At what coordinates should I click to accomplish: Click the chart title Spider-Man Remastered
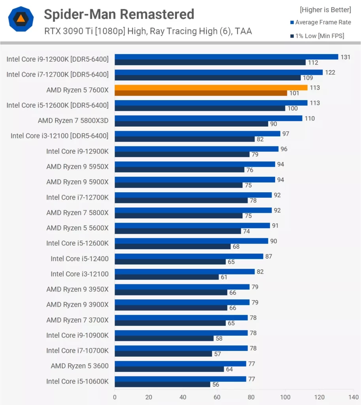point(119,14)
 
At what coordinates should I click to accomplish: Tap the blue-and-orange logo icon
point(20,19)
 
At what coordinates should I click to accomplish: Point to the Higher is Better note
point(325,9)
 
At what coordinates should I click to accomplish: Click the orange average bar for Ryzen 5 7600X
point(211,87)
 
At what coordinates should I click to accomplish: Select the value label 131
point(345,57)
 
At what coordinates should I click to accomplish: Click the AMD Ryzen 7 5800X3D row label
point(73,120)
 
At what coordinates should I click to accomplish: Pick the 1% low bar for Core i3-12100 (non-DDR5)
point(166,277)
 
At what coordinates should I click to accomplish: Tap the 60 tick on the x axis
point(217,397)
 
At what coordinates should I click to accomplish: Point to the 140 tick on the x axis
point(353,397)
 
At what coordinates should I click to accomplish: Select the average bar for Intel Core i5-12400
point(189,256)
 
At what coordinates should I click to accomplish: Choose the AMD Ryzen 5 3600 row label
point(79,365)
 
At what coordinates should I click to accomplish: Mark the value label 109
point(308,78)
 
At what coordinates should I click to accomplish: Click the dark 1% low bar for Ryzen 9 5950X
point(179,170)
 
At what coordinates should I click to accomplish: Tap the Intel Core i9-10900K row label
point(77,335)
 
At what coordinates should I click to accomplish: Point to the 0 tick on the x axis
point(115,397)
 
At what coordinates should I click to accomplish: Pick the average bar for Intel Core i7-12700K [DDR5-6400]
point(219,72)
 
